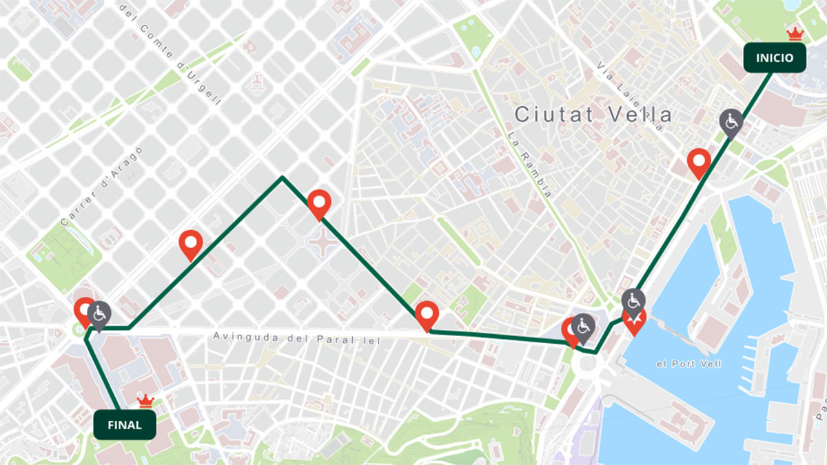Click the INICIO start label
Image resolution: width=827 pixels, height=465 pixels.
tap(775, 58)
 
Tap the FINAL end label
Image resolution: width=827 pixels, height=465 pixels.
tap(124, 424)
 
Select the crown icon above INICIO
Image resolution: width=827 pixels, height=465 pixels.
tap(795, 33)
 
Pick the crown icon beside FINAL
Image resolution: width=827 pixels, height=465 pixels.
tap(145, 400)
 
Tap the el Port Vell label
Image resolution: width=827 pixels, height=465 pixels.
tap(688, 363)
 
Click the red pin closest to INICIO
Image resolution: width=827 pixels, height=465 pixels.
tap(700, 163)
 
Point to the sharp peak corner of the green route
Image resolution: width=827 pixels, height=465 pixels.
tap(282, 178)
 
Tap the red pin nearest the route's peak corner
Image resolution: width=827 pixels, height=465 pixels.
tap(319, 203)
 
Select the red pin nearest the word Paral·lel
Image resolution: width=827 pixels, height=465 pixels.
tap(427, 315)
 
